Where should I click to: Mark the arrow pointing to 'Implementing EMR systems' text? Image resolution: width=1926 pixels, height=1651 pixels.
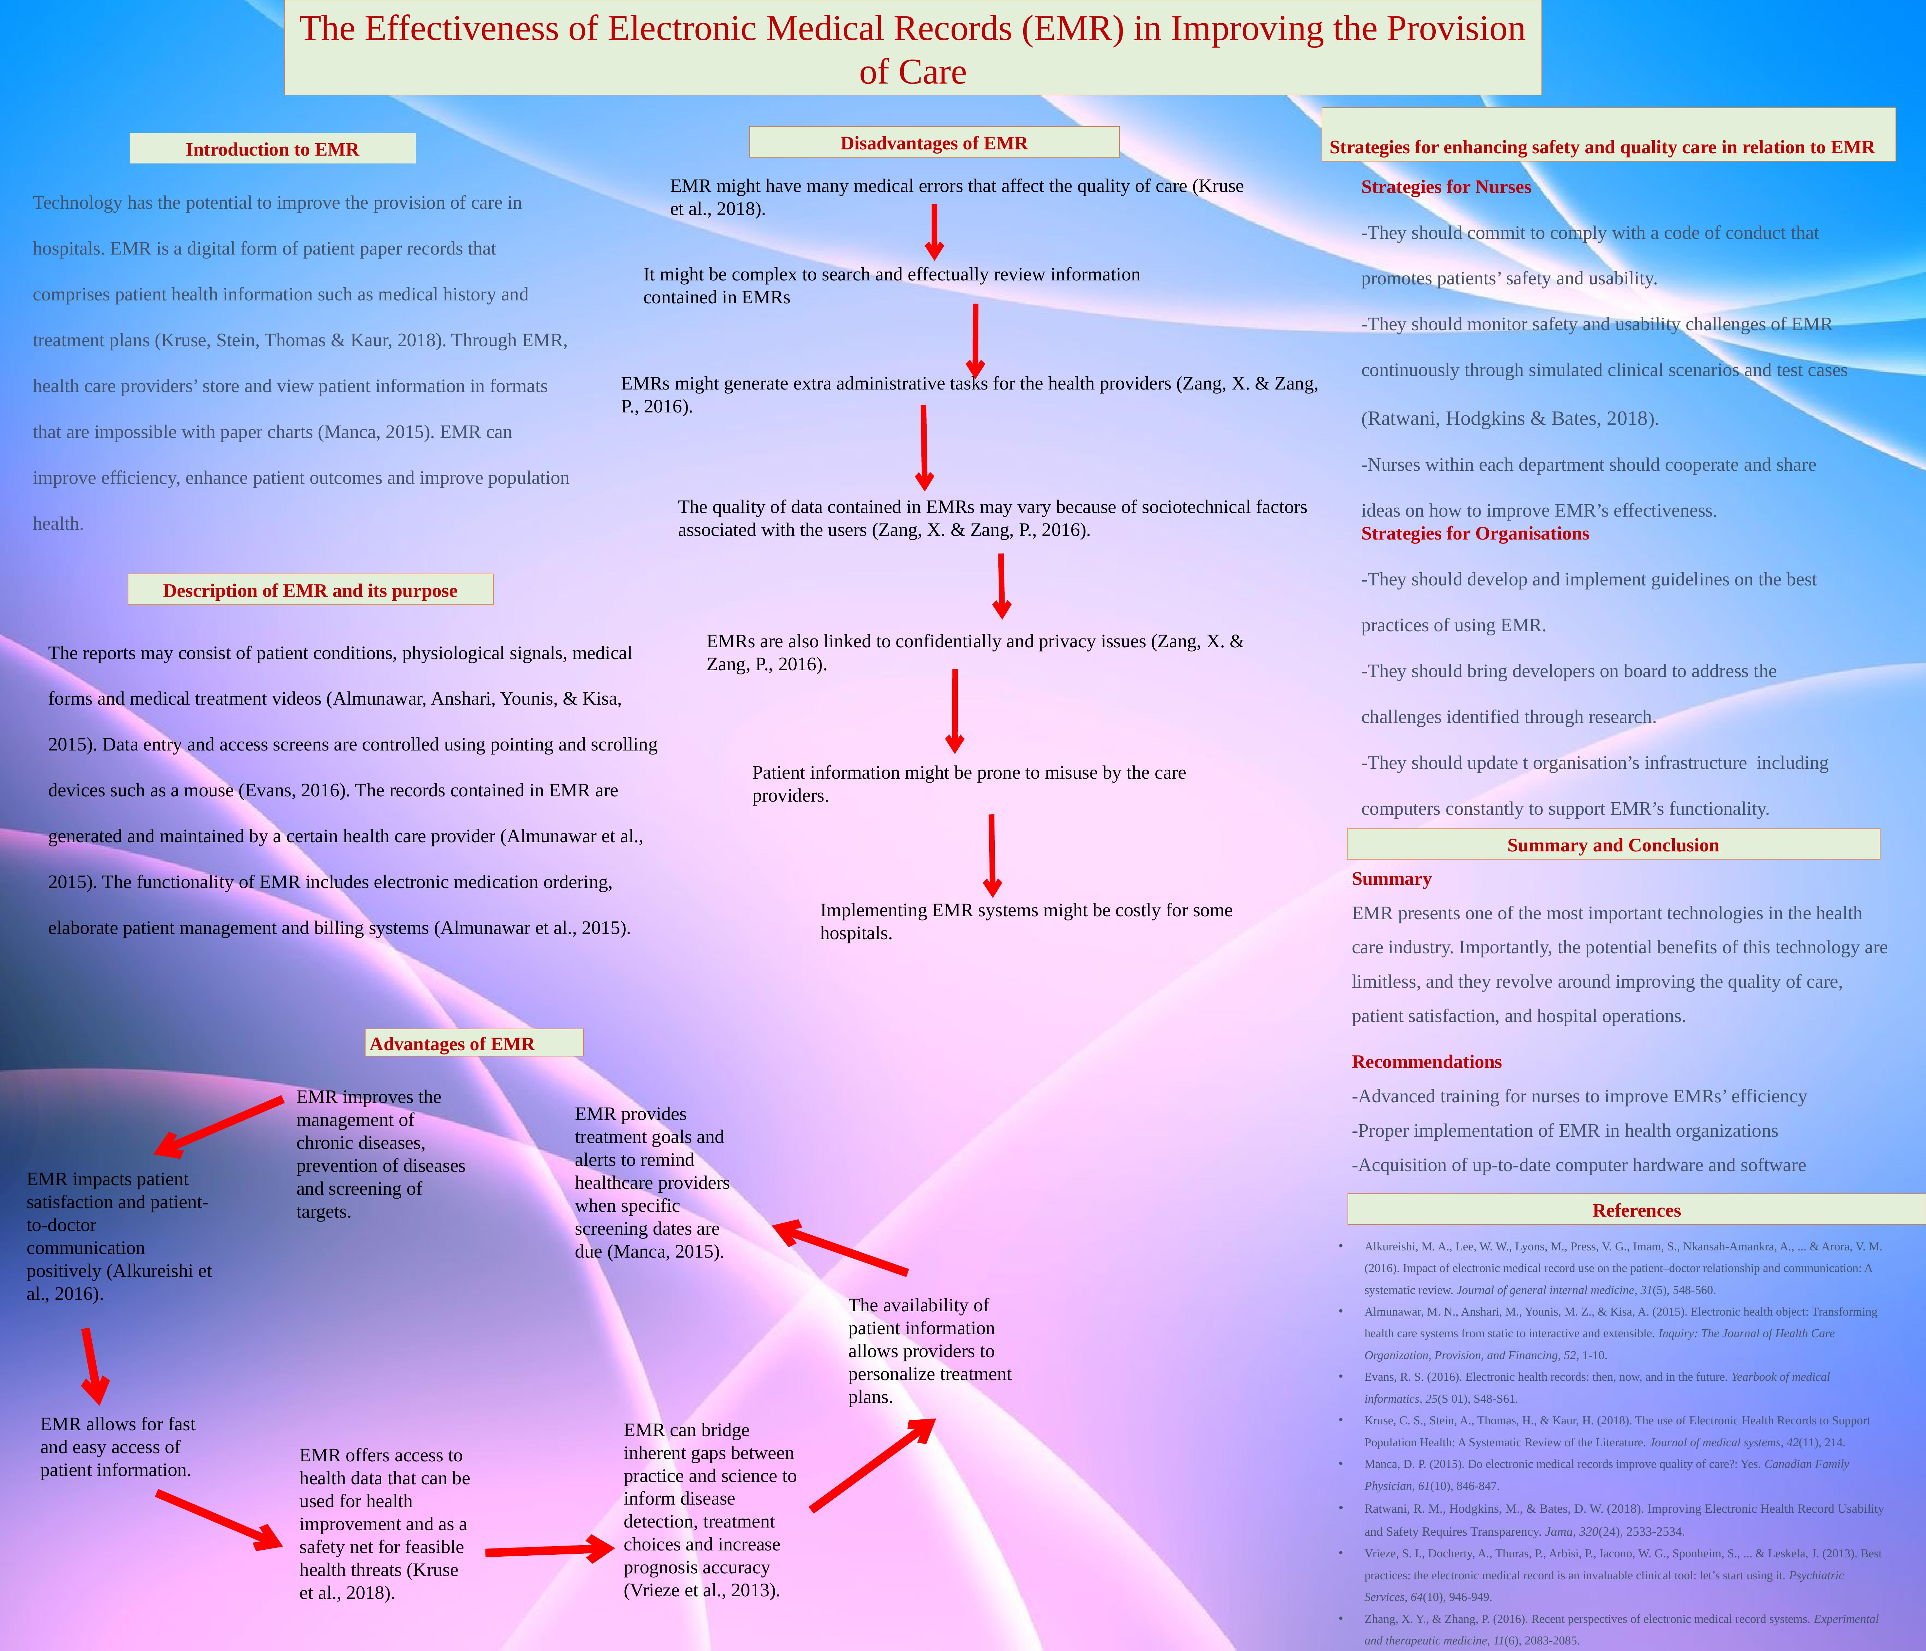992,855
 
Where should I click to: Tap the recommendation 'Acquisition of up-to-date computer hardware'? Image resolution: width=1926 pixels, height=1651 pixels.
1578,1165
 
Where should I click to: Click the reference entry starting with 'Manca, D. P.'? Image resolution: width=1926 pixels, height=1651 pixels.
1606,1474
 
